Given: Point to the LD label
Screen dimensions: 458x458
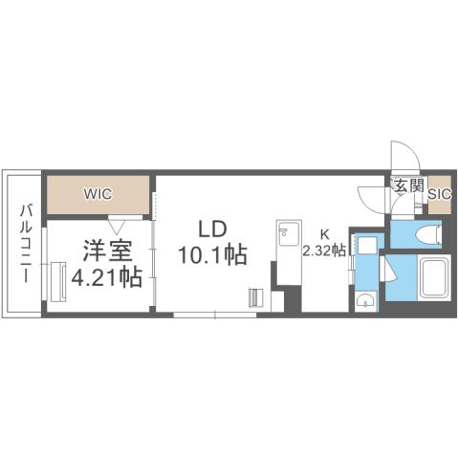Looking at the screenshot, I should (211, 229).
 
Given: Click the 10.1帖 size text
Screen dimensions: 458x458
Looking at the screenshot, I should (212, 254).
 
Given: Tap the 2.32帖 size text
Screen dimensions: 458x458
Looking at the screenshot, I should (324, 251).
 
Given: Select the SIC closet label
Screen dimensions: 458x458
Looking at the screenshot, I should (439, 194).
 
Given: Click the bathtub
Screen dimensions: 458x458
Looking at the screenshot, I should (437, 279).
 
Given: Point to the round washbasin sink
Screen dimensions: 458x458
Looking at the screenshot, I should (362, 301).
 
